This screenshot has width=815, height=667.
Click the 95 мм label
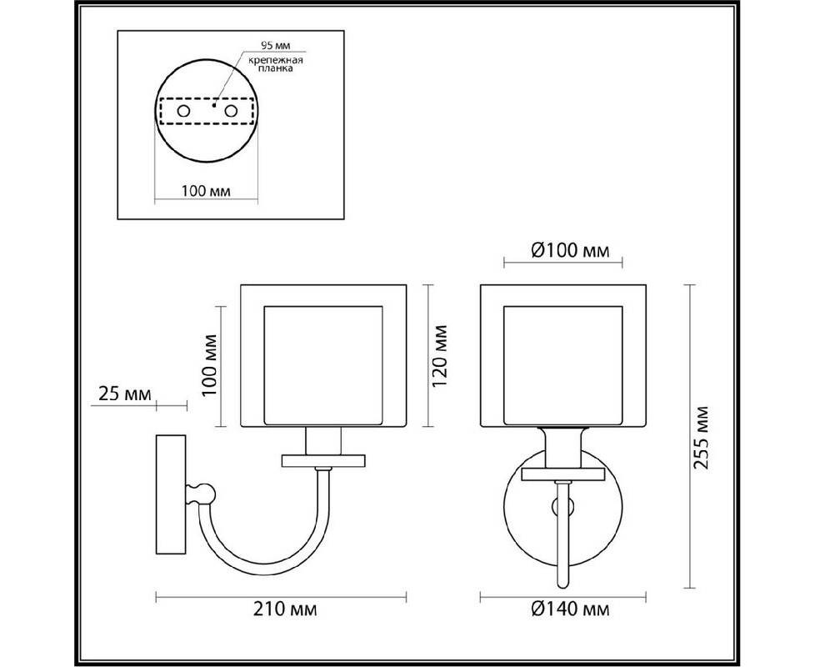276,45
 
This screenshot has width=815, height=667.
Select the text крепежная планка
276,64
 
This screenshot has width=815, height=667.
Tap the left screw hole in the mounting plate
183,111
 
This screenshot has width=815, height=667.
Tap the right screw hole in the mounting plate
231,111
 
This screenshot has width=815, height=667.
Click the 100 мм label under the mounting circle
206,191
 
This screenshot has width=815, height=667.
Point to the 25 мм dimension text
125,394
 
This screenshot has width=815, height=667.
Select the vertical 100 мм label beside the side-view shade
209,365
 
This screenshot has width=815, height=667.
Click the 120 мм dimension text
440,356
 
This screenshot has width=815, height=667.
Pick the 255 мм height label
701,437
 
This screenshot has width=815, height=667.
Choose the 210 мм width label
285,609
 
